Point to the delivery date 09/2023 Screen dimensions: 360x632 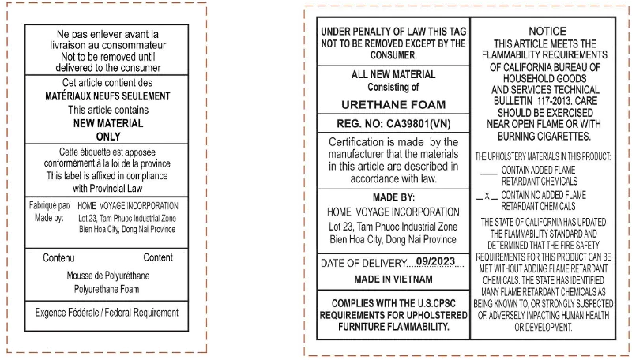click(437, 262)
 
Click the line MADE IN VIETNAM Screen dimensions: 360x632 click(393, 279)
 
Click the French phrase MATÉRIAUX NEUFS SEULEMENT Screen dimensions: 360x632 click(108, 96)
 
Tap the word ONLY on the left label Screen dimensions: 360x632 click(107, 137)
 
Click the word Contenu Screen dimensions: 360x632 click(58, 258)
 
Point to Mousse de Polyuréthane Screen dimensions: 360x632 click(107, 276)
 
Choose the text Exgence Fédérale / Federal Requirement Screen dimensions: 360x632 click(107, 313)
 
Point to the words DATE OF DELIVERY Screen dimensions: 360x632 click(363, 263)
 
